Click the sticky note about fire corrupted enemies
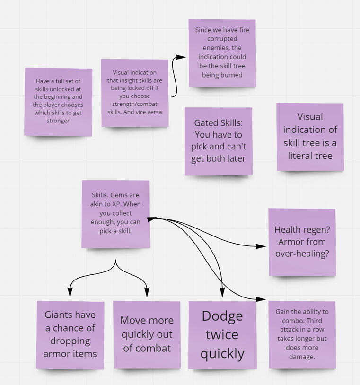[x=222, y=52]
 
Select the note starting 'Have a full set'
[x=59, y=102]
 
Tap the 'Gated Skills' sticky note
[x=218, y=141]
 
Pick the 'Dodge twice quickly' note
[x=222, y=334]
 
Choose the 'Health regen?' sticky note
[x=302, y=242]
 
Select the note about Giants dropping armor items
[x=70, y=334]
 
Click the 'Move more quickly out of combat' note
[x=147, y=334]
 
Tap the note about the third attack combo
[x=302, y=334]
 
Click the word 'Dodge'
[x=222, y=316]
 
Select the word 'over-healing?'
[x=302, y=254]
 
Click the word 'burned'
[x=232, y=75]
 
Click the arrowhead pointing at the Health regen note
[x=262, y=246]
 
